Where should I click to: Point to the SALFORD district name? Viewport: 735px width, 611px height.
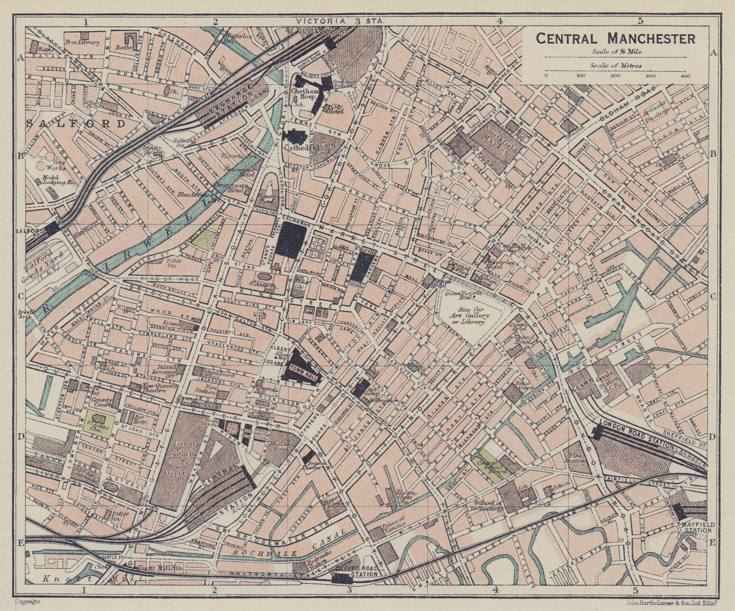(76, 124)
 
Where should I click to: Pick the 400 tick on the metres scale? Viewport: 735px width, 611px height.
(686, 75)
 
